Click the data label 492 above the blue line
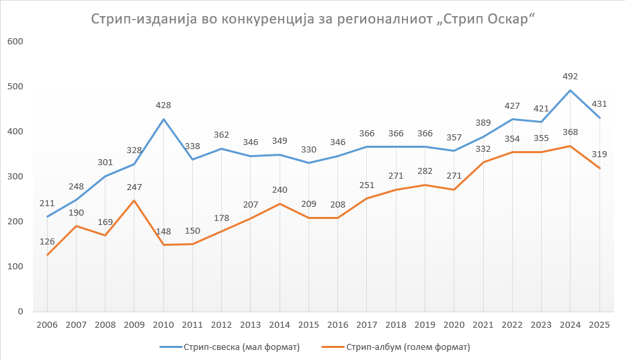tap(570, 77)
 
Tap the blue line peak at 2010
tap(163, 120)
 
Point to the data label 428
tap(163, 105)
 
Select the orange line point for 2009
tap(134, 201)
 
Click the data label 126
tap(47, 242)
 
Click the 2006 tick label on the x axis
tap(47, 324)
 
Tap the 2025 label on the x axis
tap(599, 324)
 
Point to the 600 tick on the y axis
tap(15, 42)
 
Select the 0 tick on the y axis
tap(20, 312)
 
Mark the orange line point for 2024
tap(570, 146)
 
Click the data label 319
tap(599, 154)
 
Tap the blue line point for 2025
tap(599, 118)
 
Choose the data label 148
tap(163, 232)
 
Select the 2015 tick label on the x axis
tap(308, 324)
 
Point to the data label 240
tap(280, 190)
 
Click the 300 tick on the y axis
tap(15, 177)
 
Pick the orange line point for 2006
tap(47, 255)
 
